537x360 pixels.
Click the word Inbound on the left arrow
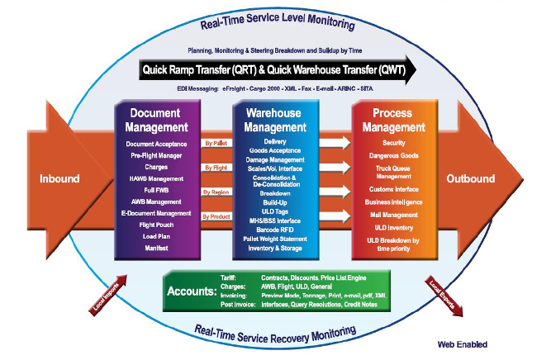pos(59,178)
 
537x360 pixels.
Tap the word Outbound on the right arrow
pos(471,178)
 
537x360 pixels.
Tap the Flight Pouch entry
pos(158,222)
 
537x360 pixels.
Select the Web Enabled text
pos(463,344)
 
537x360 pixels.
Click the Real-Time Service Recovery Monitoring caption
pos(276,332)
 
